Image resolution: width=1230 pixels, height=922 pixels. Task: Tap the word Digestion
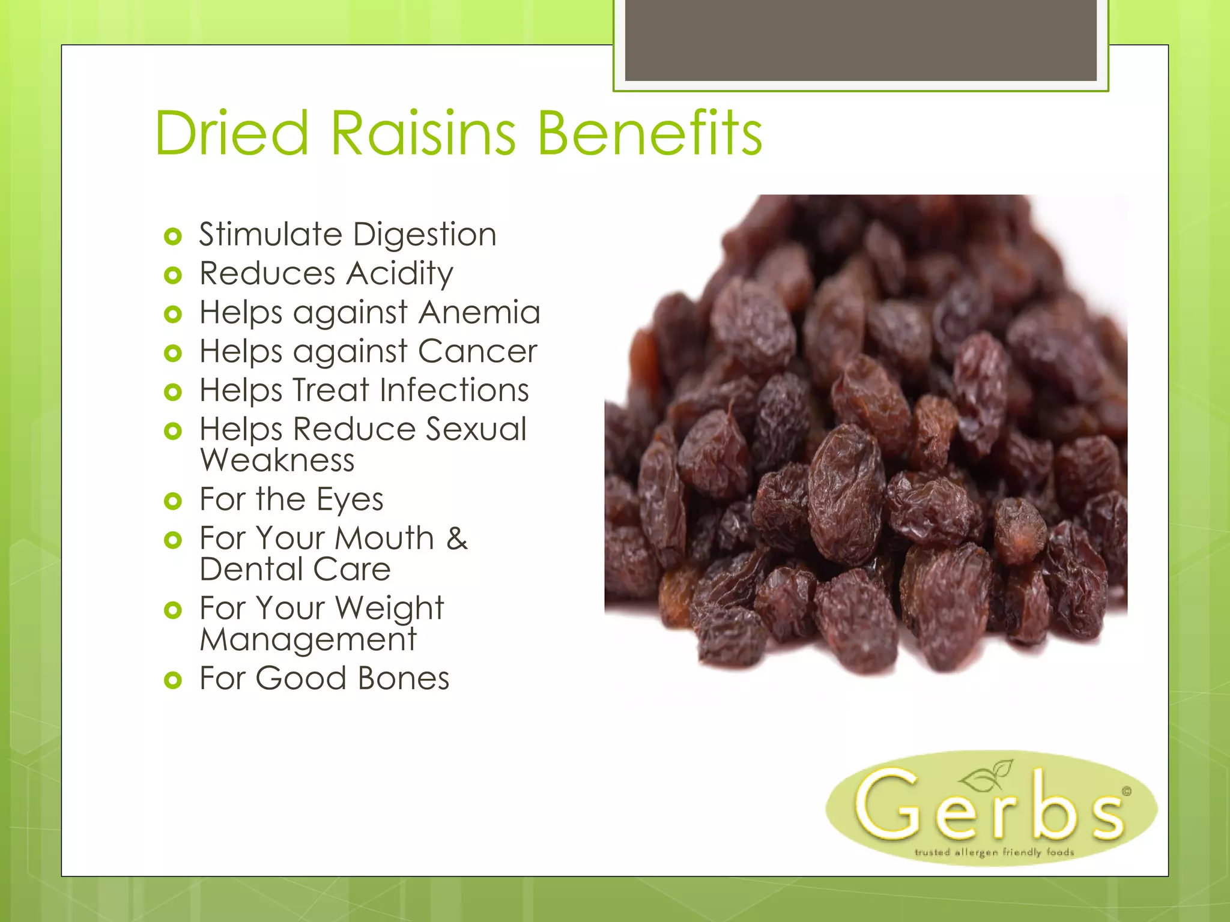pyautogui.click(x=425, y=235)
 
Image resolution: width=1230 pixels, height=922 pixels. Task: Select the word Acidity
pyautogui.click(x=399, y=274)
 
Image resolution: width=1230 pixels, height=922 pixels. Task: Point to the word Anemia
pyautogui.click(x=479, y=312)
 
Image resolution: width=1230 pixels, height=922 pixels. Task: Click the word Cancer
pyautogui.click(x=477, y=351)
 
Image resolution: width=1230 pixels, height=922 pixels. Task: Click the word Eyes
pyautogui.click(x=350, y=499)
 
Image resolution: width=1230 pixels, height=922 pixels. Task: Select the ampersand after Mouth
pyautogui.click(x=456, y=538)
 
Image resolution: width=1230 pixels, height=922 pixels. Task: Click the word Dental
pyautogui.click(x=250, y=569)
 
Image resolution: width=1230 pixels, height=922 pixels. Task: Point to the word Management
pyautogui.click(x=308, y=640)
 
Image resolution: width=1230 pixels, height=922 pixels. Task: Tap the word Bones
pyautogui.click(x=403, y=678)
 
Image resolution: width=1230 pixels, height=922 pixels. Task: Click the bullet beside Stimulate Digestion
pyautogui.click(x=172, y=236)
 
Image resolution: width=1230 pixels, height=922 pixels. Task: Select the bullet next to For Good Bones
pyautogui.click(x=172, y=680)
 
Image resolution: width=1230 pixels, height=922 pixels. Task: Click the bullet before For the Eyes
pyautogui.click(x=172, y=501)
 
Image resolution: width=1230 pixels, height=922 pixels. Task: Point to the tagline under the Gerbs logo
pyautogui.click(x=994, y=852)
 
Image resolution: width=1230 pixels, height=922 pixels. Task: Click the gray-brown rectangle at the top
pyautogui.click(x=860, y=40)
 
